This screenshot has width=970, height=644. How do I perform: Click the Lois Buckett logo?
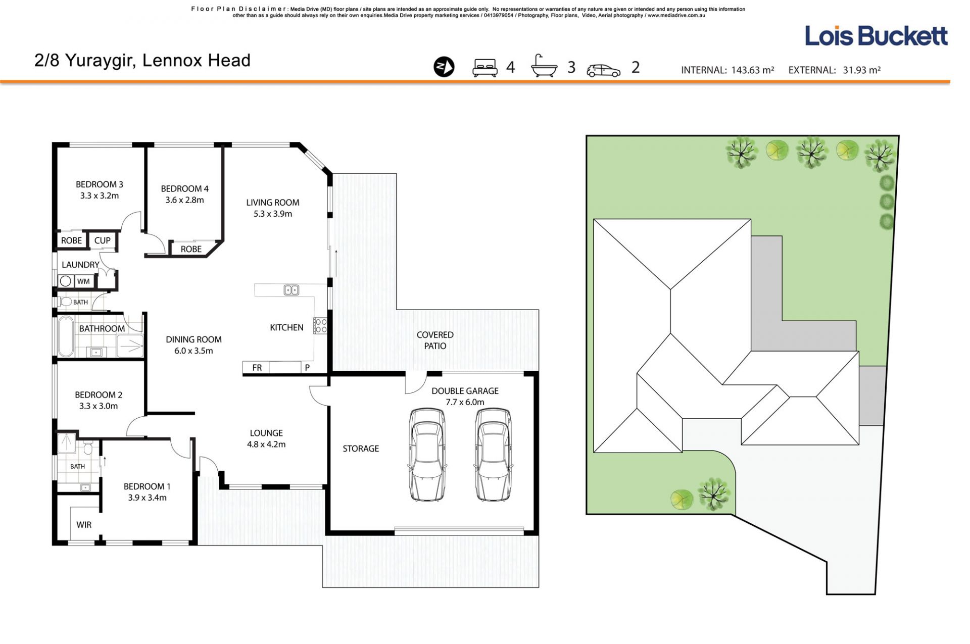point(876,36)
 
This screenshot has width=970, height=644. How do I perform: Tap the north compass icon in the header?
point(444,67)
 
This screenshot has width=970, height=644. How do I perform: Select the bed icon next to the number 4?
point(484,68)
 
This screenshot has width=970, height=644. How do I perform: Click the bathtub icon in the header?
point(544,66)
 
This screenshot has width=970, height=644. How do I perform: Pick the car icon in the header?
point(604,70)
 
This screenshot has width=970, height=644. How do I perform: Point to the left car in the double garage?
point(427,454)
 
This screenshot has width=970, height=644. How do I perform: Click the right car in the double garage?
point(493,454)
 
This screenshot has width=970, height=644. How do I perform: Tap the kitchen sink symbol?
point(291,290)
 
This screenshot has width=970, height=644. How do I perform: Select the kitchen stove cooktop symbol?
point(320,325)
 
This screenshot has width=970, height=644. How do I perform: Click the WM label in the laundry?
point(83,281)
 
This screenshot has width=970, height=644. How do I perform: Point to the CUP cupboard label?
point(102,240)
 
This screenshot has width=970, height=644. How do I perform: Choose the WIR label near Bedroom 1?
point(84,525)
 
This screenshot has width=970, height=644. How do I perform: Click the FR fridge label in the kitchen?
point(257,368)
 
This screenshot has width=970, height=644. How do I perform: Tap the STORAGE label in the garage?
point(361,449)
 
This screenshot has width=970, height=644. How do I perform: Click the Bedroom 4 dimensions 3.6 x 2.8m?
point(184,200)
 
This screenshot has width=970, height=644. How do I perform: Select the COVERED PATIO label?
point(435,340)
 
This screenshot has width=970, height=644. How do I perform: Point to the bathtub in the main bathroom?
point(66,336)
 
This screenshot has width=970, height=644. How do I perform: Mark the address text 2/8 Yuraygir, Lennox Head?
point(142,61)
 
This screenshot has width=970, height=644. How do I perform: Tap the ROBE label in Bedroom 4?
point(191,249)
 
